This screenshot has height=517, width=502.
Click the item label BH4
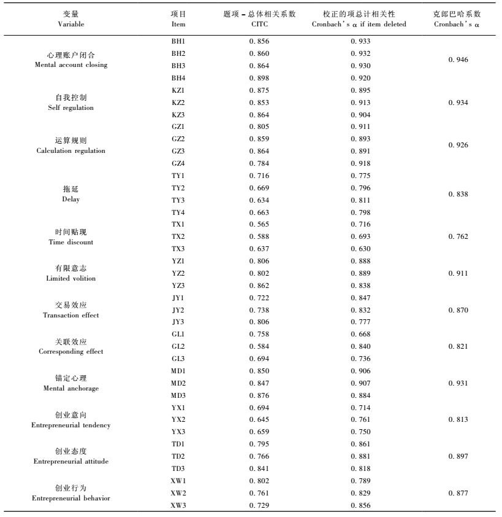point(178,78)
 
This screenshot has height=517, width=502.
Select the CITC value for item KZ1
point(259,90)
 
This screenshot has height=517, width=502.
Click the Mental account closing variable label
point(70,60)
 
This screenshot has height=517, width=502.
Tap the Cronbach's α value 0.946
point(458,60)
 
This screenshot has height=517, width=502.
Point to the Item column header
point(178,19)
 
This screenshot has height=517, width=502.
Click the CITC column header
point(259,19)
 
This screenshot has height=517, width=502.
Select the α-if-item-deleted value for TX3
point(360,249)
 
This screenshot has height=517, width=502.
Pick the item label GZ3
point(178,151)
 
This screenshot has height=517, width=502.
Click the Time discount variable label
point(70,237)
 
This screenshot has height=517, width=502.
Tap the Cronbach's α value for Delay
point(458,194)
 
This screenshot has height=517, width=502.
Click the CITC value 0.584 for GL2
point(259,346)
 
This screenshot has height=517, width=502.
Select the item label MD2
point(178,383)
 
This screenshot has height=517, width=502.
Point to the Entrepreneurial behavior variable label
point(70,493)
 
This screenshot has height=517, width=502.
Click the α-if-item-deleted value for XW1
point(360,481)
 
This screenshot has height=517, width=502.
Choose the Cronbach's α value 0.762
point(458,236)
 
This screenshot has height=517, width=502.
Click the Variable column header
point(70,19)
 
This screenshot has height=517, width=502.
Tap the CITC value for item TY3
point(259,200)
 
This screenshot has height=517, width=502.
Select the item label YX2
point(178,419)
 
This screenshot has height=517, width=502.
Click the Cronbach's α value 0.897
point(458,456)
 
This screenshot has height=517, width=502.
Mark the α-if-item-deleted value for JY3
point(360,322)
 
